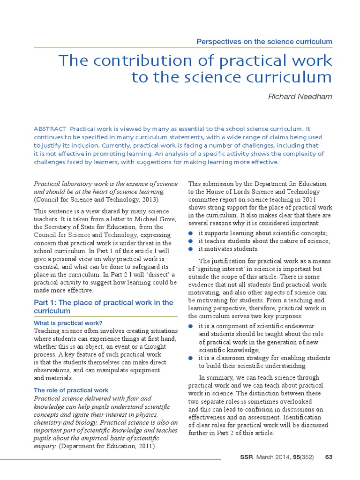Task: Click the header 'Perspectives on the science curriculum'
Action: tap(264, 42)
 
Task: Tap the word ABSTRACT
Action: tap(50, 128)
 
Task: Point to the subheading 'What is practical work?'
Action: tap(68, 323)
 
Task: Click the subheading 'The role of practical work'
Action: tap(71, 390)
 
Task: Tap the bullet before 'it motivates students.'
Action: tap(190, 249)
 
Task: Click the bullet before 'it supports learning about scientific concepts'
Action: tap(190, 233)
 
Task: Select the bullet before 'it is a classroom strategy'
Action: tap(190, 358)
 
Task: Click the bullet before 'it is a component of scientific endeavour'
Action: tap(190, 326)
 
